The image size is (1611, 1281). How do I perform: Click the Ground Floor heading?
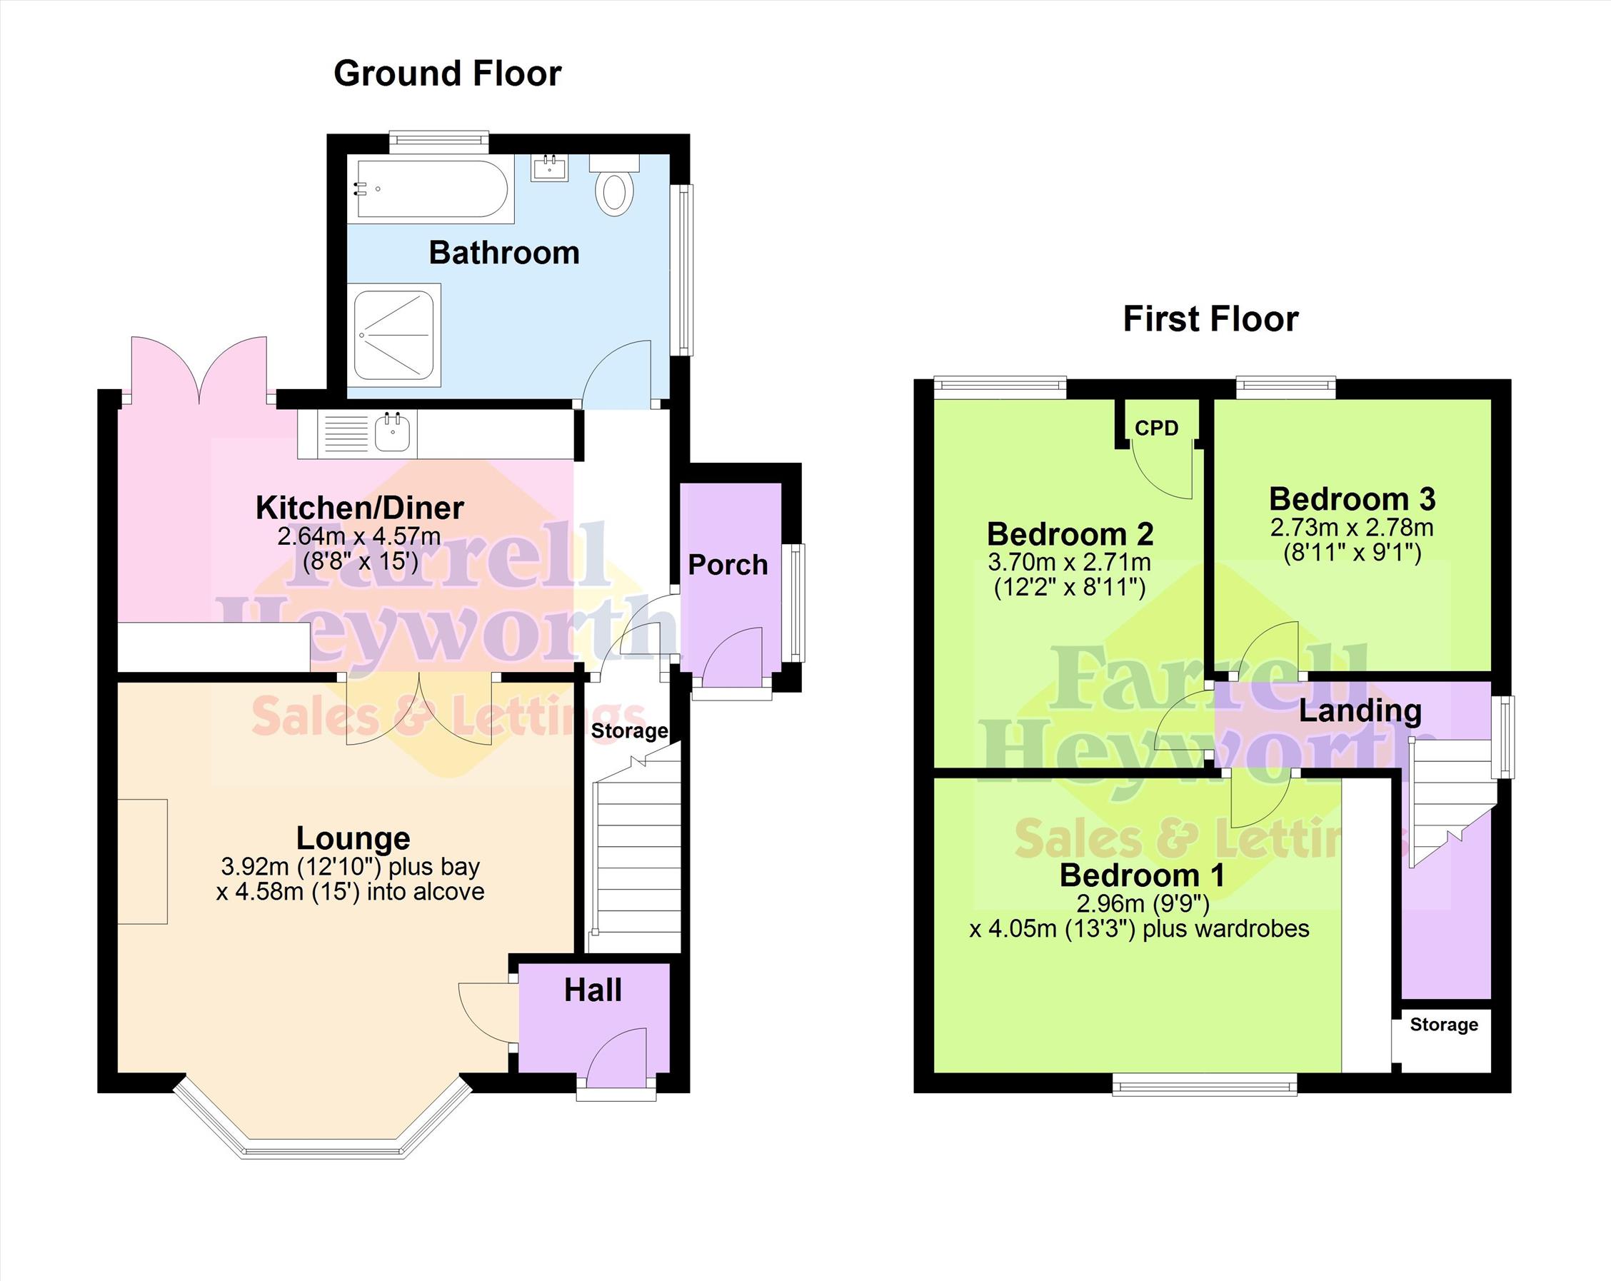point(448,74)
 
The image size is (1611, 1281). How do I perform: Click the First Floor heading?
point(1210,319)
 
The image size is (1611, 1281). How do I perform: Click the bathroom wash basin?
point(550,167)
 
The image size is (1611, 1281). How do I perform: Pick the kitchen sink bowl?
point(393,432)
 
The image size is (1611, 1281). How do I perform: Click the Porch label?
point(728,565)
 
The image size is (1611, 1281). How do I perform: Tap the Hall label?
point(593,990)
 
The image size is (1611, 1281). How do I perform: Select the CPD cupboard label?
point(1157,428)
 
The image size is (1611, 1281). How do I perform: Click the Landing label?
point(1360,710)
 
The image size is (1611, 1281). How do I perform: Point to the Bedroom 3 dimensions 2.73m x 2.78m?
point(1352,528)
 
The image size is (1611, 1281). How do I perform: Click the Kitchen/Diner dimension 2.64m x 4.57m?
point(359,536)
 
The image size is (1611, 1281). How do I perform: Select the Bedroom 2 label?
point(1070,533)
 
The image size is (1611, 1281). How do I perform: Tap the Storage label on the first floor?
point(1444,1025)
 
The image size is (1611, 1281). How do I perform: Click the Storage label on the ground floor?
point(629,731)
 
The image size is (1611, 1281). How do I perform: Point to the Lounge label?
point(353,838)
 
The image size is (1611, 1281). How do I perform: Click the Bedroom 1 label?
point(1143,875)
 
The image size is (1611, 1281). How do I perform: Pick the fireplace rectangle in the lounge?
point(142,862)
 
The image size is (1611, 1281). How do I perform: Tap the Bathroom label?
point(504,253)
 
